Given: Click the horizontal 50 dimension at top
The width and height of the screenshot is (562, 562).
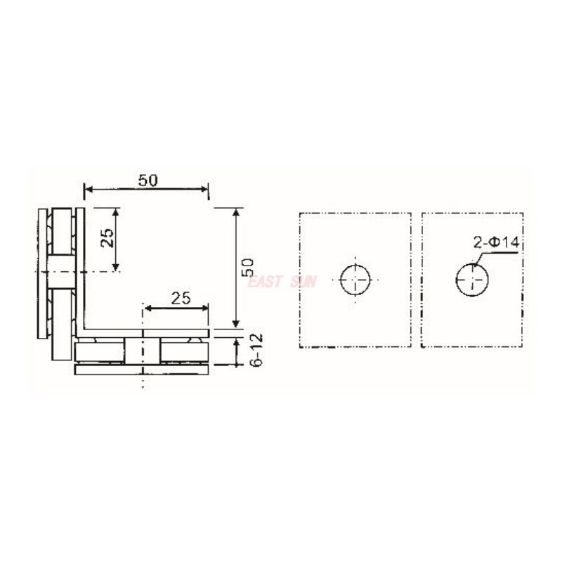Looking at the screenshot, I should (x=148, y=180).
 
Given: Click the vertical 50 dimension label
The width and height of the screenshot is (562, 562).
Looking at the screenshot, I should (x=247, y=267).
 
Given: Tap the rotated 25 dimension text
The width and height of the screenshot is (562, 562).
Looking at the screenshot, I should (x=107, y=238).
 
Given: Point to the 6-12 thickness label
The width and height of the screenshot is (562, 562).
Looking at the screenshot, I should (x=256, y=349).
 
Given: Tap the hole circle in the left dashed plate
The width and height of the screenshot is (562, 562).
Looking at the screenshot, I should (x=355, y=282).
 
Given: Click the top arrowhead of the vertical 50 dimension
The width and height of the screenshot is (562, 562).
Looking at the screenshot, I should (x=236, y=212).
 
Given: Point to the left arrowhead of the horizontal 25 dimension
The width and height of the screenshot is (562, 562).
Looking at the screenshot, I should (x=148, y=308).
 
